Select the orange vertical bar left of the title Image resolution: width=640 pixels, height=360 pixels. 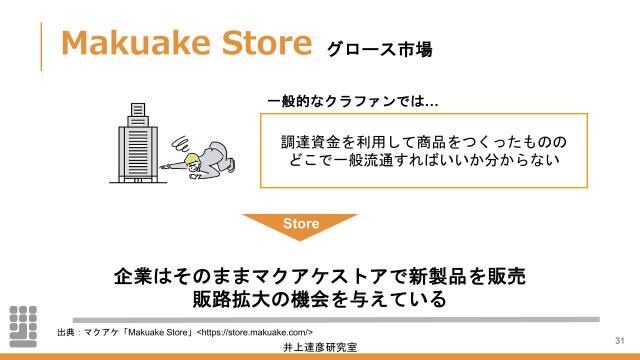pos(41,45)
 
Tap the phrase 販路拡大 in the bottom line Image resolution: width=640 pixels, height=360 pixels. pos(230,299)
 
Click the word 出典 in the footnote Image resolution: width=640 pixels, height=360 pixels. pos(66,331)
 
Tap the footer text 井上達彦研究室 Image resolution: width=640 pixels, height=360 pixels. pos(321,348)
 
